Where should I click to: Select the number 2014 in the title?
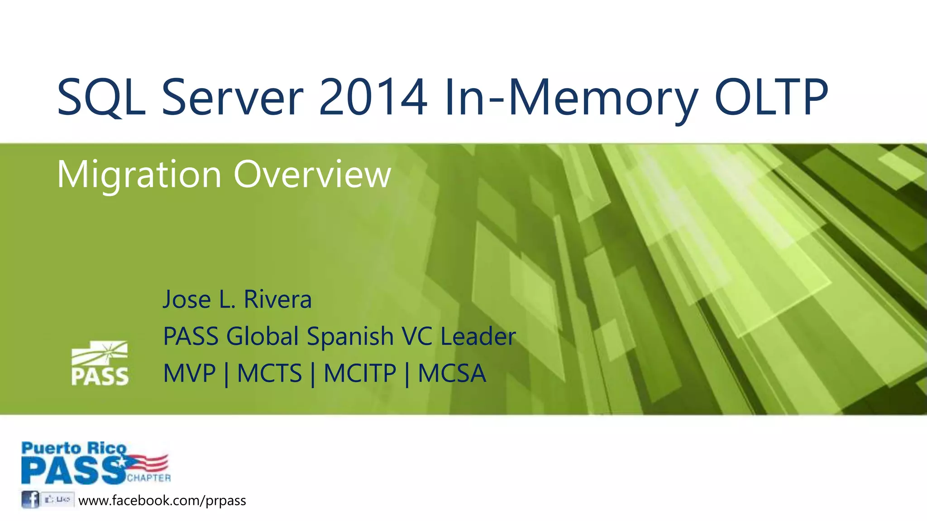373,98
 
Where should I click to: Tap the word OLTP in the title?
771,98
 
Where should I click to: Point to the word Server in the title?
232,98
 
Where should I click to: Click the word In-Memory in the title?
571,98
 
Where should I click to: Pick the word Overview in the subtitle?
312,175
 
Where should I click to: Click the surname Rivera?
277,299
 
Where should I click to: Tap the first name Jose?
186,299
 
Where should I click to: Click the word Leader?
478,336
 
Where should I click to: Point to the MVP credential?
189,374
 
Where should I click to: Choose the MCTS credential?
269,374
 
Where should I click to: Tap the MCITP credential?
360,374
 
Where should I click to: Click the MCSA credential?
452,374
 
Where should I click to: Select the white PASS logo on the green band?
100,364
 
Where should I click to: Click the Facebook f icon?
30,500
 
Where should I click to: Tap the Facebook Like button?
57,500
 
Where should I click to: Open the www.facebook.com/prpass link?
162,501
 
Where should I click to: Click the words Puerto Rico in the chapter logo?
74,448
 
